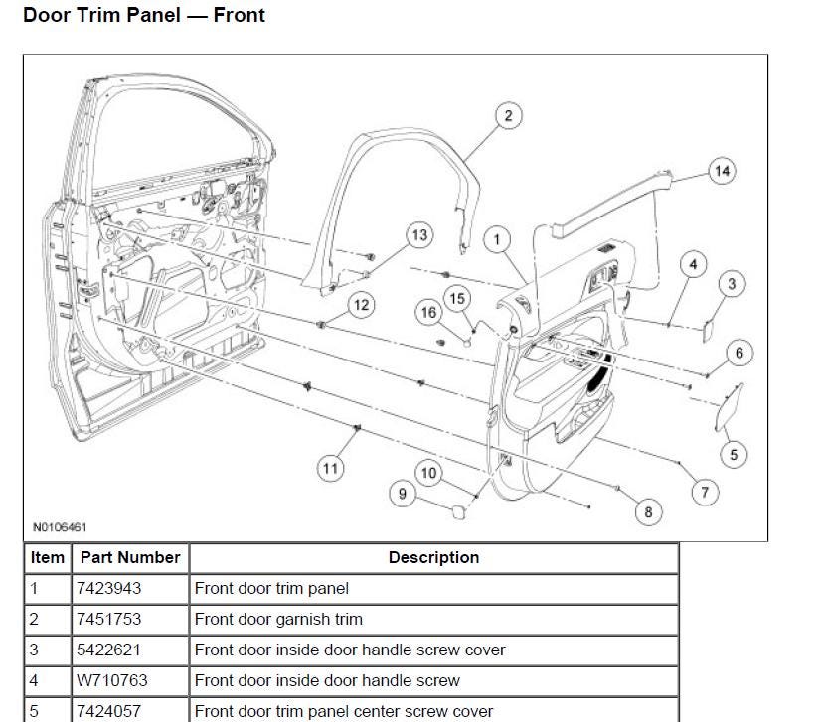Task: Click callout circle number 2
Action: (x=507, y=116)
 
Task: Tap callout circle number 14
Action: (x=723, y=171)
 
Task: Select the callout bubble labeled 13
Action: (x=419, y=235)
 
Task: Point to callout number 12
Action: (x=361, y=305)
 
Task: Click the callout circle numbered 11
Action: (x=330, y=467)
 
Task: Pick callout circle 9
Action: (x=403, y=494)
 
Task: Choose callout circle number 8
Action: (x=648, y=511)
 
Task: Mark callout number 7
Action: (x=704, y=492)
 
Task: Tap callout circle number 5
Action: (x=734, y=455)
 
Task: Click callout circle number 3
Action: (x=732, y=285)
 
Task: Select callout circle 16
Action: (x=428, y=313)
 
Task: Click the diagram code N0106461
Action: (x=59, y=528)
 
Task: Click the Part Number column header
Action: (x=130, y=557)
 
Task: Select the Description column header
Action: (x=433, y=557)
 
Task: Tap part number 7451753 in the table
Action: (x=109, y=619)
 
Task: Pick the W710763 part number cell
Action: (x=109, y=680)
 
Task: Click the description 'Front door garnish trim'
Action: (x=278, y=619)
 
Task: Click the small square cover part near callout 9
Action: (x=454, y=511)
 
